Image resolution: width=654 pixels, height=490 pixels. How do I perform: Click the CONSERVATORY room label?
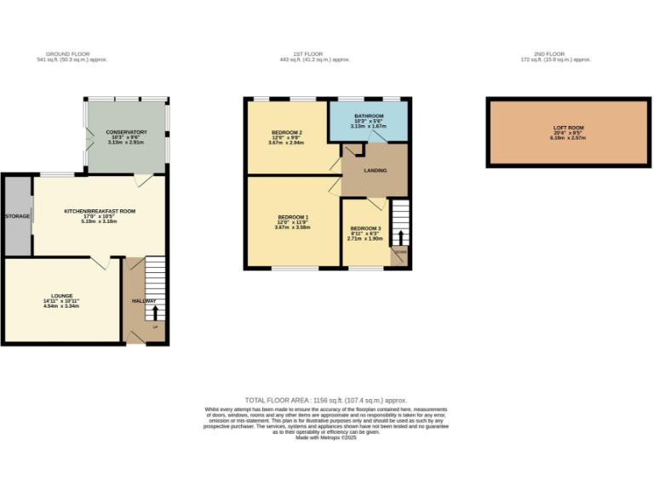pos(127,132)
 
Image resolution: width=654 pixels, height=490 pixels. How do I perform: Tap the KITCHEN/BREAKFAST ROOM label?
pos(100,211)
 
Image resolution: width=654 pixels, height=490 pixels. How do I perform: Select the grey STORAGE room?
pos(18,216)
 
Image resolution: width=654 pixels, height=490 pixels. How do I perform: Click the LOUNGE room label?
pos(60,295)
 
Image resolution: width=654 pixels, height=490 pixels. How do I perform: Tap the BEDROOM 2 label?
pos(287,133)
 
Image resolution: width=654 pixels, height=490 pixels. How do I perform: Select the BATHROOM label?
pos(370,116)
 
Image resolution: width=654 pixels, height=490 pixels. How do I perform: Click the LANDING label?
pos(376,170)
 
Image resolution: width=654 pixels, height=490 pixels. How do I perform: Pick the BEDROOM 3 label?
pos(364,229)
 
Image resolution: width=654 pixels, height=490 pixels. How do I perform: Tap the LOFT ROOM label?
pos(565,128)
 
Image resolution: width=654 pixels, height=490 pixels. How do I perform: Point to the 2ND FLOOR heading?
pos(557,54)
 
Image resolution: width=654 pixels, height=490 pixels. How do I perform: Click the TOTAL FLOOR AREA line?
pos(326,400)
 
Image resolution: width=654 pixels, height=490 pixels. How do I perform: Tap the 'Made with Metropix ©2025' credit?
pos(326,437)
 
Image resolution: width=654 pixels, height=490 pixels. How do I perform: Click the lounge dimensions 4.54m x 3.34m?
pos(60,305)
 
